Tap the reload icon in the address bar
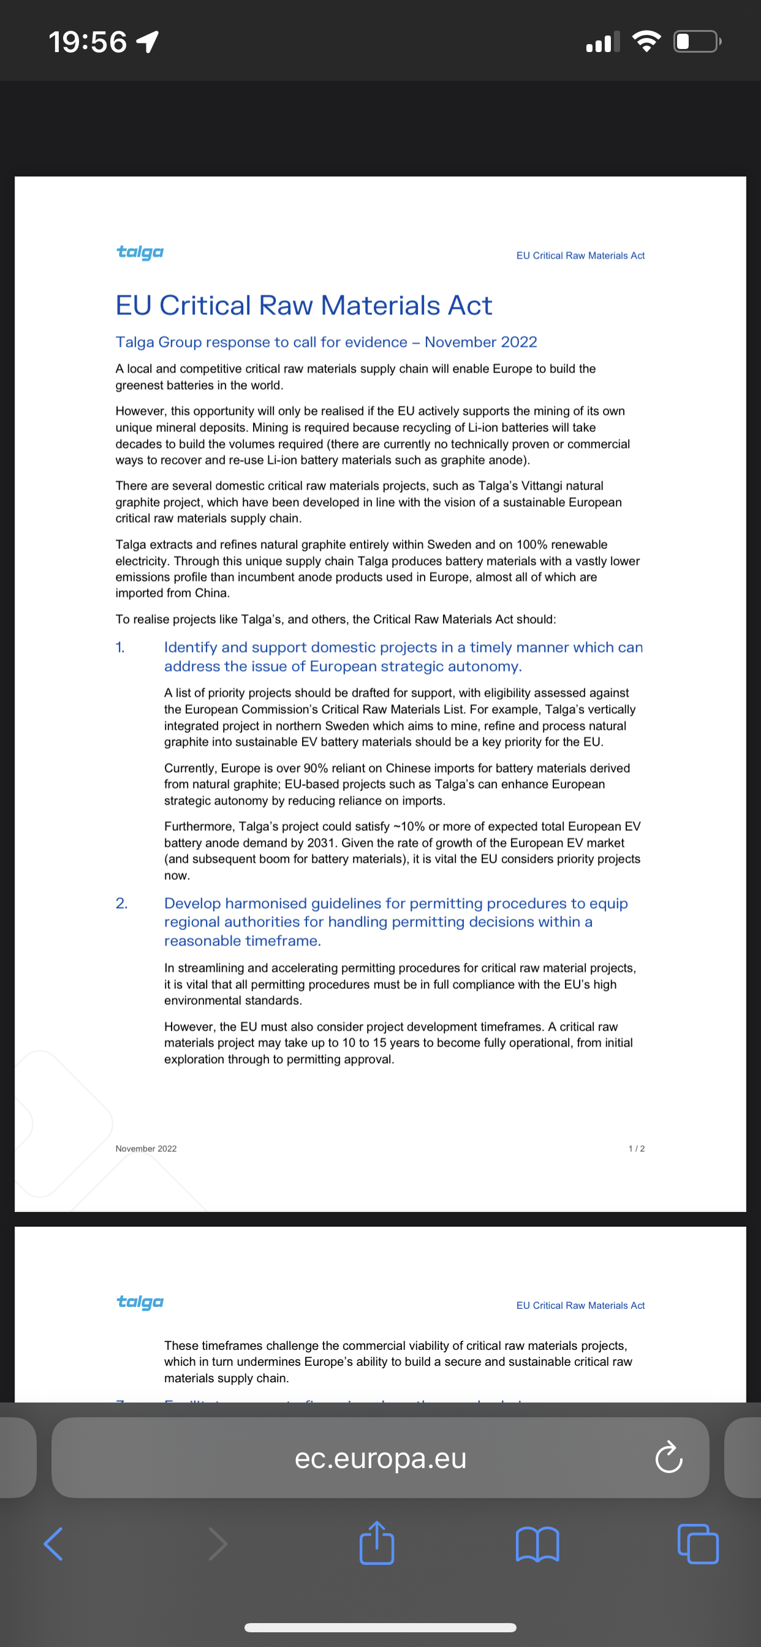click(669, 1457)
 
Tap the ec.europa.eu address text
click(380, 1458)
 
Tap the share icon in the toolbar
click(377, 1544)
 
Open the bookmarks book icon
click(537, 1544)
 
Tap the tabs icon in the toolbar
click(698, 1544)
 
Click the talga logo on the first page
click(140, 252)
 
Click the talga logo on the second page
click(140, 1302)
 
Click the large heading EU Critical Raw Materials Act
click(304, 306)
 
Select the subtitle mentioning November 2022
click(326, 342)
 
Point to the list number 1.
click(120, 647)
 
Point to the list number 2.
click(121, 903)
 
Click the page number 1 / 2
click(636, 1148)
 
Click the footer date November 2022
click(146, 1148)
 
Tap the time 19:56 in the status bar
click(88, 42)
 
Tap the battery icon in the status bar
click(697, 42)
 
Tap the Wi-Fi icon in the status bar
click(646, 42)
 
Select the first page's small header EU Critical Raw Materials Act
click(580, 256)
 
